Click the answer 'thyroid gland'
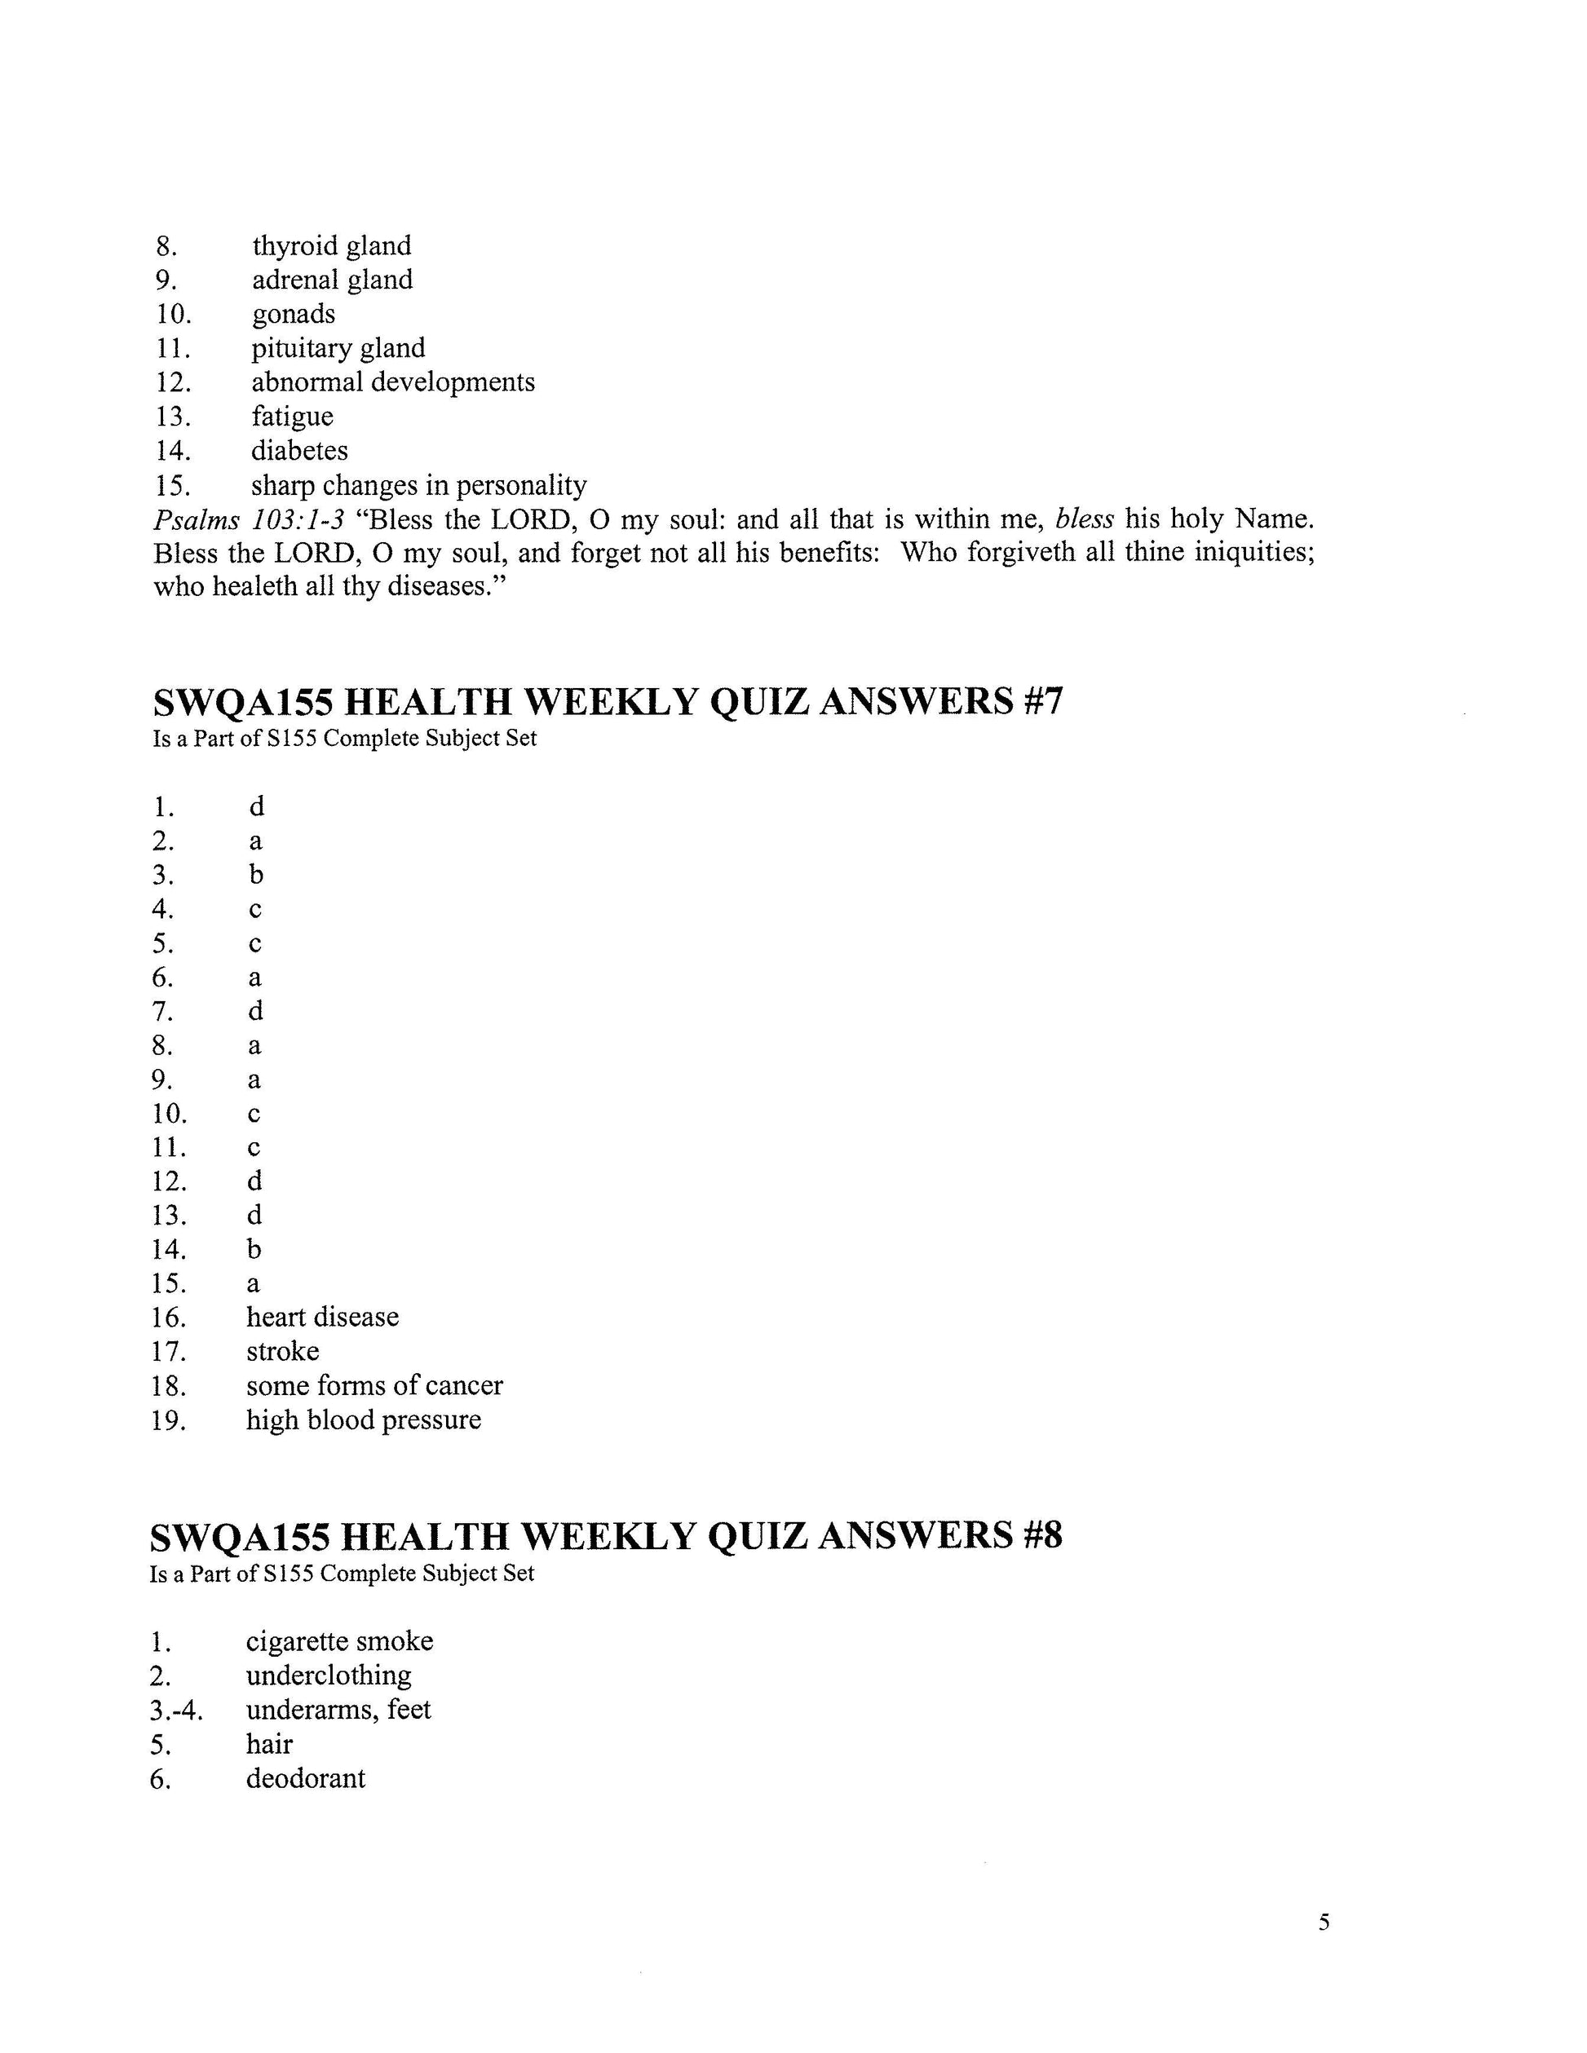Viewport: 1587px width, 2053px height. point(331,246)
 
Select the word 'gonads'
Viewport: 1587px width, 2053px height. point(294,314)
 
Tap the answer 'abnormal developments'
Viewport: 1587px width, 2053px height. point(393,382)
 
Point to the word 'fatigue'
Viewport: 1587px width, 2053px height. point(293,417)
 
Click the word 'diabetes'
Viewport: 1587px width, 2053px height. point(299,451)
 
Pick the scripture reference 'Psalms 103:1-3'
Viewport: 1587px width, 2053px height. point(250,520)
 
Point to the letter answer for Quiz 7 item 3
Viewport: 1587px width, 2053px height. point(256,875)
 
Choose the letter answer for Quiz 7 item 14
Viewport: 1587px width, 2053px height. point(254,1249)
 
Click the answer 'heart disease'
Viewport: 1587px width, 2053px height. point(322,1318)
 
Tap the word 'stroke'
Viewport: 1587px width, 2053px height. point(283,1352)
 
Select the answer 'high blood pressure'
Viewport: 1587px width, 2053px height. point(364,1420)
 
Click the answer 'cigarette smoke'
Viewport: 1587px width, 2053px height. point(339,1642)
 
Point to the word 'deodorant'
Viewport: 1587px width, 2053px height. point(306,1779)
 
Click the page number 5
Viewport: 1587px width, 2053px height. point(1324,1923)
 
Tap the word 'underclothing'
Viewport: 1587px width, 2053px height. point(329,1676)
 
